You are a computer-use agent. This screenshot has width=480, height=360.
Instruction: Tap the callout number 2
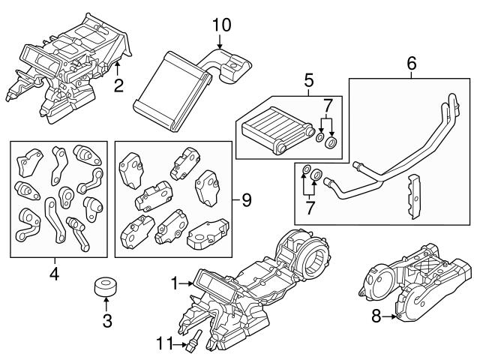click(118, 85)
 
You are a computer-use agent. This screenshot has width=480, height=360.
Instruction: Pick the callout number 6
click(410, 64)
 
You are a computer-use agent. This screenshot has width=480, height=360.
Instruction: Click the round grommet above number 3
click(106, 287)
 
